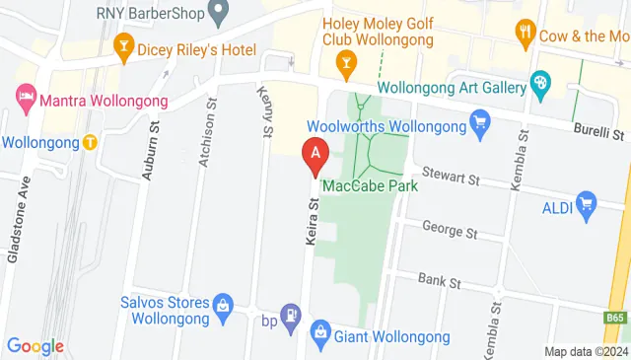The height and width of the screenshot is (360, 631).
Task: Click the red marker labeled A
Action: click(315, 155)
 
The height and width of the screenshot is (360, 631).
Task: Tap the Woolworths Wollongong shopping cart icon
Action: click(480, 123)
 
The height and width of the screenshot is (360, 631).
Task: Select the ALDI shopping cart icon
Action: click(588, 205)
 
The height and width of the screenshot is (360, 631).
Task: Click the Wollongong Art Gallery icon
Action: click(539, 84)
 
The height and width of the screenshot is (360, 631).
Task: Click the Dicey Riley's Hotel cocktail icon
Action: click(124, 43)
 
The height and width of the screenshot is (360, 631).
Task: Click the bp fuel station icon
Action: click(292, 316)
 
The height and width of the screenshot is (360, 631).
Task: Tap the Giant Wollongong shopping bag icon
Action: click(320, 332)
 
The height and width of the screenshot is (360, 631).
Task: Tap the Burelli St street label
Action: click(601, 132)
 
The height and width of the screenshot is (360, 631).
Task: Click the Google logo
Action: click(35, 346)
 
